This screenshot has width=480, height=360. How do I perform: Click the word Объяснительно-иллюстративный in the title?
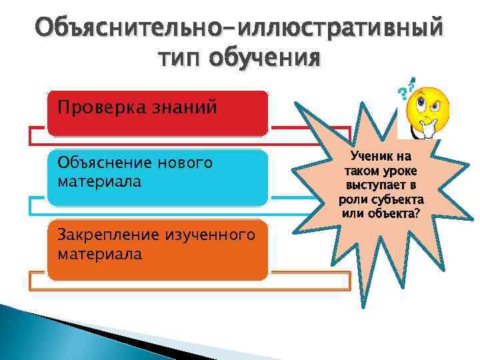click(239, 29)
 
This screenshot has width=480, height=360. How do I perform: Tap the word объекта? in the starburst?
click(398, 213)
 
